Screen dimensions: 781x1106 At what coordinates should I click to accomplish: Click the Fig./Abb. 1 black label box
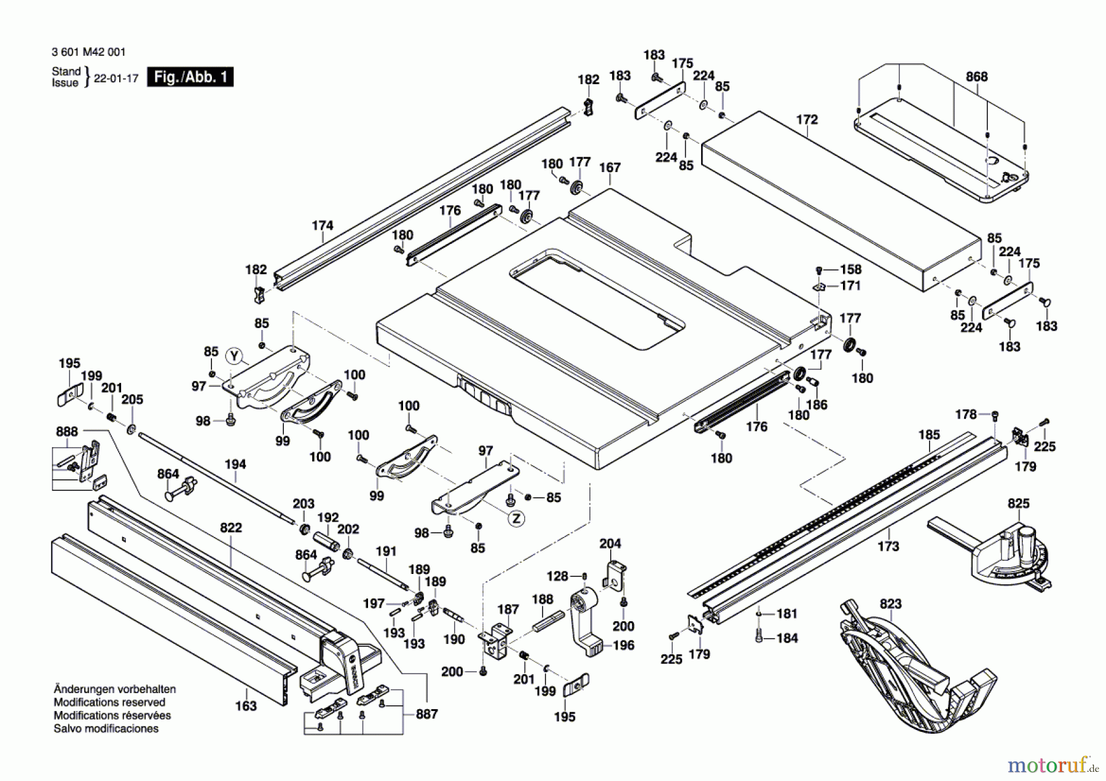pyautogui.click(x=190, y=77)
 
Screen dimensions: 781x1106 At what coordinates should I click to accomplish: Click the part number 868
pyautogui.click(x=976, y=77)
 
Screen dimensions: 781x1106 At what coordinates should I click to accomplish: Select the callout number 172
pyautogui.click(x=807, y=119)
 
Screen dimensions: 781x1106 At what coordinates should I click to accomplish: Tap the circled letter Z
pyautogui.click(x=517, y=519)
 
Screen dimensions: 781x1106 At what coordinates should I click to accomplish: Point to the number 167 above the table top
pyautogui.click(x=610, y=167)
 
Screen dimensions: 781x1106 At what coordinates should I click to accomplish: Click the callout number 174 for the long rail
pyautogui.click(x=322, y=226)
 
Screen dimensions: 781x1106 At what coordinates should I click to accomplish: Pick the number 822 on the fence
pyautogui.click(x=231, y=527)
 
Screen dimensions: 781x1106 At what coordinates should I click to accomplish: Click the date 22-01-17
pyautogui.click(x=116, y=79)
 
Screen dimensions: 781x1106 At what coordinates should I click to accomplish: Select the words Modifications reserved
pyautogui.click(x=109, y=702)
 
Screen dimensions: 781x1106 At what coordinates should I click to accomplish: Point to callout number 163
pyautogui.click(x=245, y=705)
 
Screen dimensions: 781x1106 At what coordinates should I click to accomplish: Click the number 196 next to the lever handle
pyautogui.click(x=623, y=645)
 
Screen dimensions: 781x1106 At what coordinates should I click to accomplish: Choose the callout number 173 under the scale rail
pyautogui.click(x=888, y=546)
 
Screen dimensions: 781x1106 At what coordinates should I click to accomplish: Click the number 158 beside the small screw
pyautogui.click(x=850, y=269)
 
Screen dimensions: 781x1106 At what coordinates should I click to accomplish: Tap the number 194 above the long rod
pyautogui.click(x=235, y=465)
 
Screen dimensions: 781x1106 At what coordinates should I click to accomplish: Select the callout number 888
pyautogui.click(x=67, y=431)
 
